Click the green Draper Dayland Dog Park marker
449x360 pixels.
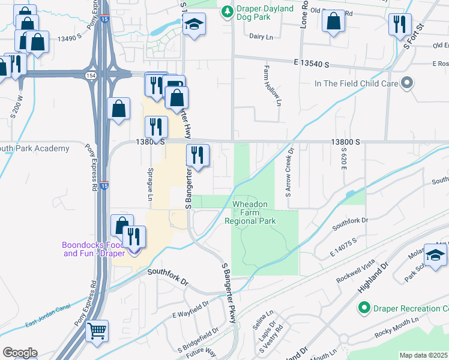click(x=227, y=11)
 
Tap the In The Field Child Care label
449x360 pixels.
click(x=357, y=83)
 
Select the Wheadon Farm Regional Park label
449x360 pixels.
click(x=250, y=212)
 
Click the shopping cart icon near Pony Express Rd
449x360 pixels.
click(x=97, y=331)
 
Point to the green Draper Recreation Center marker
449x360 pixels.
click(x=363, y=308)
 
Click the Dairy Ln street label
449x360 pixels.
click(x=261, y=36)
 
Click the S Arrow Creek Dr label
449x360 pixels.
click(x=290, y=173)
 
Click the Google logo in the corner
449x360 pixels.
click(x=19, y=352)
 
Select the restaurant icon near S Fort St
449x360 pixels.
click(x=399, y=25)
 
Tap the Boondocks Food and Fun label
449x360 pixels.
click(x=93, y=249)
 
